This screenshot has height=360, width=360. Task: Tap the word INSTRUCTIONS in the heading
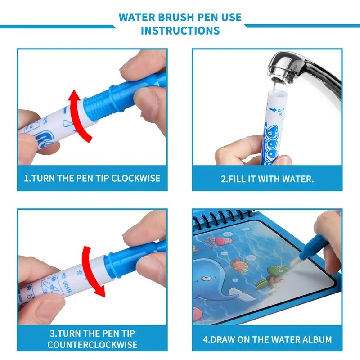pos(180,31)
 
